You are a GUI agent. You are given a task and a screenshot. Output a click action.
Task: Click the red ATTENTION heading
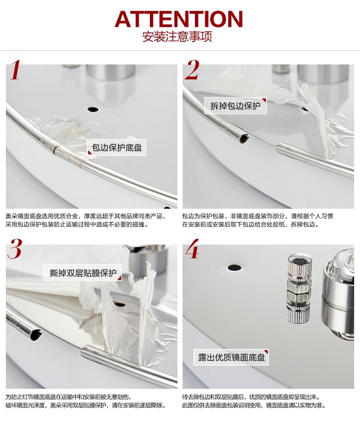pos(179,19)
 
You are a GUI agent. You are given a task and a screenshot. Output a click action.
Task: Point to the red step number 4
pos(192,249)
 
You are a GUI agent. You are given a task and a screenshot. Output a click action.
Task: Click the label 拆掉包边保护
pos(235,105)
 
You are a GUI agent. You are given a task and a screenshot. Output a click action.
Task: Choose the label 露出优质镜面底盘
pos(231,357)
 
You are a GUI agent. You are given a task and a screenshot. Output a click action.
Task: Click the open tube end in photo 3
pos(36,335)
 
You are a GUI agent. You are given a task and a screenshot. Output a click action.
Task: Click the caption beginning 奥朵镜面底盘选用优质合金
pos(85,216)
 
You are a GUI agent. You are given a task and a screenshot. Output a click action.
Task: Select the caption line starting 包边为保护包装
pos(257,216)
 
